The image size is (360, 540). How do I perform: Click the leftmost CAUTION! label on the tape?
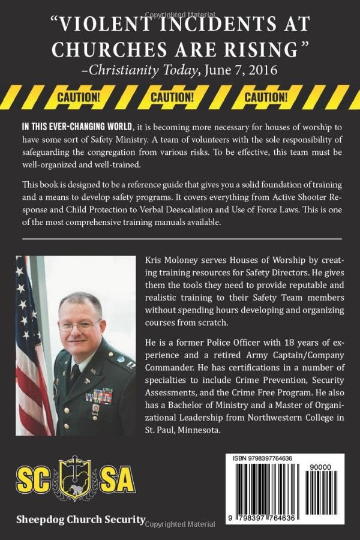[x=78, y=97]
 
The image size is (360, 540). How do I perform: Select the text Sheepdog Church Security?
[x=82, y=520]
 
